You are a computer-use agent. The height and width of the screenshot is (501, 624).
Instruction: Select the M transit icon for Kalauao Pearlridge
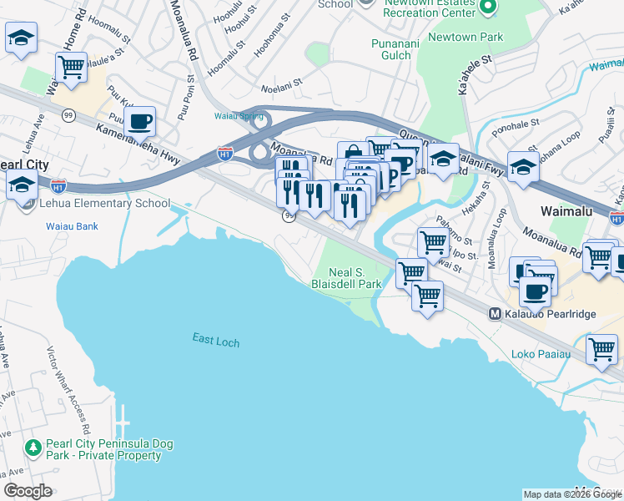[x=495, y=314]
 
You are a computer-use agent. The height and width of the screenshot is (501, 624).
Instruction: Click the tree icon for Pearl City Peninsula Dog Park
[x=33, y=448]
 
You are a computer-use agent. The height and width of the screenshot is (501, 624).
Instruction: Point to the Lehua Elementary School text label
[x=104, y=203]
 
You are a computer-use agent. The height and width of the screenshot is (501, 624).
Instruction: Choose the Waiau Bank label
[x=72, y=225]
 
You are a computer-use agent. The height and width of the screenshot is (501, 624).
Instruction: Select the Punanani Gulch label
[x=391, y=48]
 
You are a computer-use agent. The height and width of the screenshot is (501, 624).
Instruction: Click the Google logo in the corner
[x=28, y=491]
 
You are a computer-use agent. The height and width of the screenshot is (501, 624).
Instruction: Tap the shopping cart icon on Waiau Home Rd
[x=72, y=66]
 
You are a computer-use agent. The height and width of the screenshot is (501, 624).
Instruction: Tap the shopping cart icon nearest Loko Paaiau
[x=601, y=350]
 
